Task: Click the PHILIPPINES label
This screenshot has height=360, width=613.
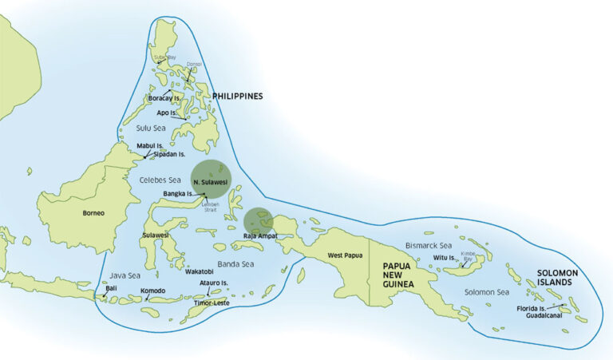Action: tap(237, 97)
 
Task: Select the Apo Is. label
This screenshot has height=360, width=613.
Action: tap(168, 113)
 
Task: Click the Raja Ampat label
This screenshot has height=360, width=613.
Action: tap(259, 237)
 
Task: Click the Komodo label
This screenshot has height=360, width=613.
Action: tap(152, 291)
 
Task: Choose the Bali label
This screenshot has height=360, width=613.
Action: tap(111, 288)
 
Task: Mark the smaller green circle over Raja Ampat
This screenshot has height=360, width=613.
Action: tap(258, 222)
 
